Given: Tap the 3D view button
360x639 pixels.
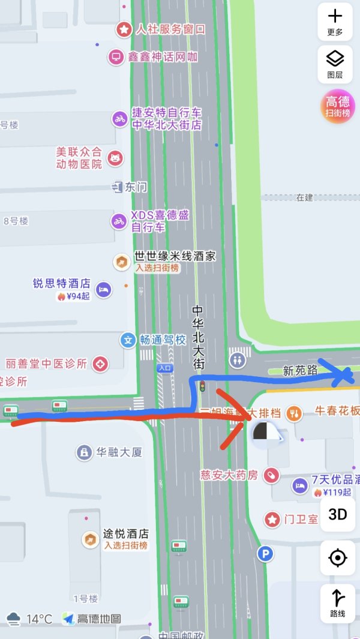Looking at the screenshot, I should (338, 514).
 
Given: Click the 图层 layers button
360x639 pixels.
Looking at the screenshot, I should (335, 64).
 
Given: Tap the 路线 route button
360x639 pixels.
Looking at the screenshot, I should (338, 602).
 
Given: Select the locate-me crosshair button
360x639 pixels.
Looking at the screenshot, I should (338, 558).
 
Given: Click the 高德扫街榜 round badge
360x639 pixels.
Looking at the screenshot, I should (338, 106).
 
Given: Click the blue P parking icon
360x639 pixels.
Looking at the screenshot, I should (265, 554).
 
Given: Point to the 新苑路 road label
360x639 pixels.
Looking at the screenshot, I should (300, 371).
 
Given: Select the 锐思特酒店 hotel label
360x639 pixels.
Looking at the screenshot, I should (62, 283).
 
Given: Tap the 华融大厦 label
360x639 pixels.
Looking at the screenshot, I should (119, 452).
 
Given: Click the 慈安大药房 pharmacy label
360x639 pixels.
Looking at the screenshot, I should (229, 475).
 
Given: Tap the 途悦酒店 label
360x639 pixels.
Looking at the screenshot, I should (125, 533).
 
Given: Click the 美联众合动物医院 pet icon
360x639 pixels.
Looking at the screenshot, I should (115, 158).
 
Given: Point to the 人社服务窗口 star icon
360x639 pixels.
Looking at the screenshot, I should (124, 29).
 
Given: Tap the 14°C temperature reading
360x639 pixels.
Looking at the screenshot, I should (40, 619).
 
